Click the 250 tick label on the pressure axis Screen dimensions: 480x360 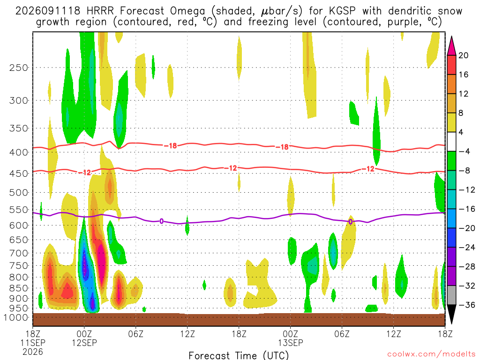click(x=18, y=67)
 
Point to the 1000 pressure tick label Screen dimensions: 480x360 click(x=15, y=317)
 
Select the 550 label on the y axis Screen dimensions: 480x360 click(x=18, y=210)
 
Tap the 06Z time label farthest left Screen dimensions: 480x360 click(x=135, y=333)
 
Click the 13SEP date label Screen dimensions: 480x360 click(x=291, y=343)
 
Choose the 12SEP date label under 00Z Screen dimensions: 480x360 click(x=84, y=343)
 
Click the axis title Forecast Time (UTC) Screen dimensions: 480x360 click(x=239, y=355)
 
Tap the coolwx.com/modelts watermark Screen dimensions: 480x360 click(x=431, y=354)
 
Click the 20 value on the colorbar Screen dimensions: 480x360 click(x=463, y=55)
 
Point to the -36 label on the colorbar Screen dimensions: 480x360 click(x=466, y=305)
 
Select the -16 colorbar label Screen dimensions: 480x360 click(x=466, y=209)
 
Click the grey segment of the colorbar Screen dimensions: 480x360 click(x=451, y=295)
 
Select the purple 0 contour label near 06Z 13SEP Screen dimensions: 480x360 click(x=351, y=222)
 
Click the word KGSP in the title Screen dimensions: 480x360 click(x=343, y=11)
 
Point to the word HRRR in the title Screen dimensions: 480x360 click(x=100, y=11)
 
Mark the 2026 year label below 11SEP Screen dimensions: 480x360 click(x=33, y=352)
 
